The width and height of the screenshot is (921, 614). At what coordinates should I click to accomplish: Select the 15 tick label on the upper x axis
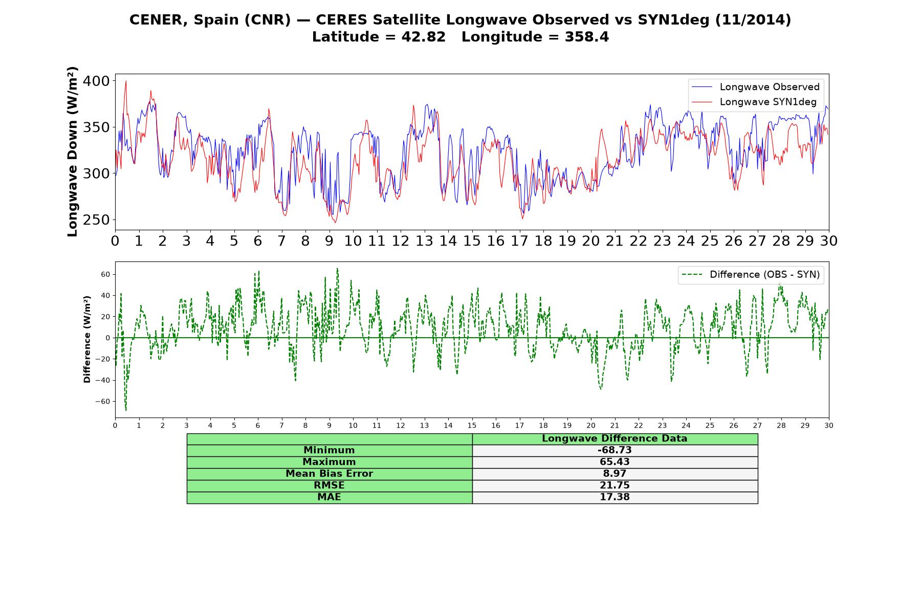coord(472,241)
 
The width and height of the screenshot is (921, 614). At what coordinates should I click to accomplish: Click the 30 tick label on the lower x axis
coord(829,425)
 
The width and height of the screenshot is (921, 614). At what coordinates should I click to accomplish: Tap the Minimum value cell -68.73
coord(615,450)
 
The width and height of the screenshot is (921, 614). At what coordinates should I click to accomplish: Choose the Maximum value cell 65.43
coord(615,462)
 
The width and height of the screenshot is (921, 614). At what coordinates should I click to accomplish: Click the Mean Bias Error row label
coord(329,474)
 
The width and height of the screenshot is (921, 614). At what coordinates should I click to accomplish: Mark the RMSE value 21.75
coord(615,486)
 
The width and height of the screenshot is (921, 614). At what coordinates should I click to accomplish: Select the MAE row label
coord(329,497)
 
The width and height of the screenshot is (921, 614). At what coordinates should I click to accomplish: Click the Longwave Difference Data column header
coord(615,438)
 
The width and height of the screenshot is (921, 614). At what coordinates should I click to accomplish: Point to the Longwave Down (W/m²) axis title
coord(72,151)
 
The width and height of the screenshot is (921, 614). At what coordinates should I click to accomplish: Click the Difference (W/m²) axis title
coord(87,339)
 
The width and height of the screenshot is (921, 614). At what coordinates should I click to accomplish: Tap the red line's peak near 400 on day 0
coord(126,81)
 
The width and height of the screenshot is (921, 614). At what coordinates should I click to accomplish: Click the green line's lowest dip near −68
coord(126,409)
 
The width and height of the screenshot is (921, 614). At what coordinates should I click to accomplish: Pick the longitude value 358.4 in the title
coord(587,37)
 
